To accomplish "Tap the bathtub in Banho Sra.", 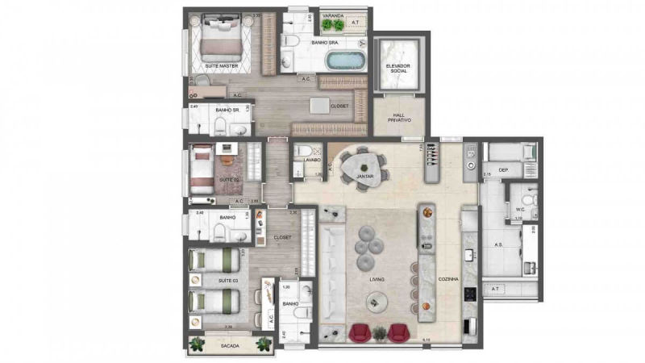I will tap(345, 60).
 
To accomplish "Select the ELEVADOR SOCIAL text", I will tap(400, 68).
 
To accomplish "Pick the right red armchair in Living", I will tap(397, 332).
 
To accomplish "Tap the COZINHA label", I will tap(449, 279).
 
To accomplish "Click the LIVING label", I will tap(377, 279).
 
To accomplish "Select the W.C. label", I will tap(520, 210).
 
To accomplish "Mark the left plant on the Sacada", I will tap(196, 344).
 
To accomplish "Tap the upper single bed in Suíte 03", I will tap(214, 260).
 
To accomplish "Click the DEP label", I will tap(502, 170).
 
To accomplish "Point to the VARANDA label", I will tap(332, 15).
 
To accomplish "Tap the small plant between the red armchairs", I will tap(377, 332).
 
